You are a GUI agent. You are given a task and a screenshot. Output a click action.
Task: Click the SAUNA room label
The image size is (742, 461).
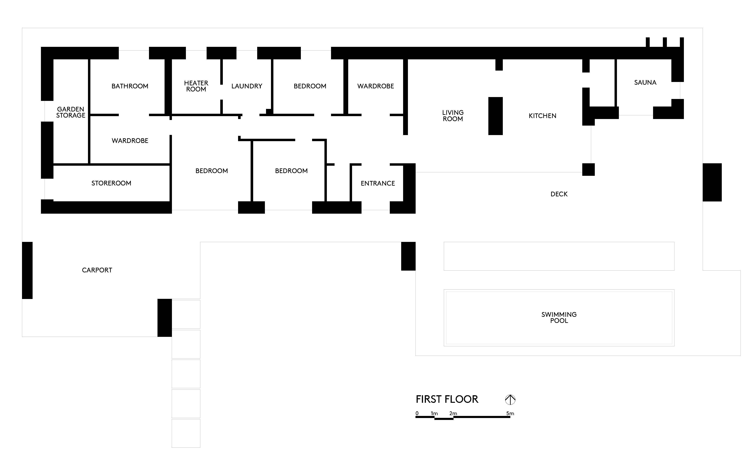pyautogui.click(x=645, y=82)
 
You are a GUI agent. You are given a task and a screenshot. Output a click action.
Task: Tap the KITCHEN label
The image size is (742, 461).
pyautogui.click(x=542, y=116)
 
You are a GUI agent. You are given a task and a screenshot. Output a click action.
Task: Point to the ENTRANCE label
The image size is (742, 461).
pyautogui.click(x=378, y=183)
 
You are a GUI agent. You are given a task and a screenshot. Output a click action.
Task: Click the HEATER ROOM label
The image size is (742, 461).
pyautogui.click(x=196, y=86)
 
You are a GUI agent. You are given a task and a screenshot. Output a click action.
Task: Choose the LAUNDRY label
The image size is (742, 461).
pyautogui.click(x=247, y=86)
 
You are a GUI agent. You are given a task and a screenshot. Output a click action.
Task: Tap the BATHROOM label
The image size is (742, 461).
pyautogui.click(x=130, y=86)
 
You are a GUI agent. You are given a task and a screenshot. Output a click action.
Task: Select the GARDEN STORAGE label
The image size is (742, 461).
pyautogui.click(x=70, y=112)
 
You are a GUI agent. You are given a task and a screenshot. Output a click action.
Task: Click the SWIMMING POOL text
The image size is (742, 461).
pyautogui.click(x=559, y=317)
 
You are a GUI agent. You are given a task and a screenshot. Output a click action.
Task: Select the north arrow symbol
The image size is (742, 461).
pyautogui.click(x=510, y=399)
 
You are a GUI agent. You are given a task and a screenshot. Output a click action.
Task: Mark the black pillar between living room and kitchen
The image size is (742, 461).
pyautogui.click(x=495, y=116)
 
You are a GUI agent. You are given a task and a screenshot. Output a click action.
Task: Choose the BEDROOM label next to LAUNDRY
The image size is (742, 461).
pyautogui.click(x=310, y=86)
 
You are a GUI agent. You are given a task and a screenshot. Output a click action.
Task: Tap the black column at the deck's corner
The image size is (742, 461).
pyautogui.click(x=588, y=170)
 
